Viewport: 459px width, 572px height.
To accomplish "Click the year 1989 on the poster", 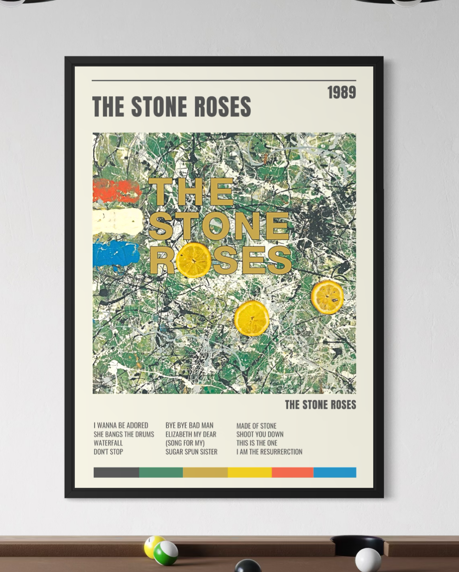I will point(341,92).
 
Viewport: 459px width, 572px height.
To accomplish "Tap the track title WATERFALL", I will point(108,443).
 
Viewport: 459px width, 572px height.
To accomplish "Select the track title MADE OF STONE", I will point(256,426).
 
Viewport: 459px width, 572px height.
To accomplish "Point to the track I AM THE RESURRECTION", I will point(269,452).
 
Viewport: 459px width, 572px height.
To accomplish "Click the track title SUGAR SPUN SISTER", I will point(191,452).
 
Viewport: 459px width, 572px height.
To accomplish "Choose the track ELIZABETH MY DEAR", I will point(191,434).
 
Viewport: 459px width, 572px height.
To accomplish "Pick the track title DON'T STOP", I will point(108,452).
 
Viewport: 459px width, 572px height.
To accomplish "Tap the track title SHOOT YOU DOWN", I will point(259,434).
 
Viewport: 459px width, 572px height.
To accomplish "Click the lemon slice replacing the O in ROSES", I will point(193,260).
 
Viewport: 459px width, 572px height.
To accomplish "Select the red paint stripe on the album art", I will point(117,191).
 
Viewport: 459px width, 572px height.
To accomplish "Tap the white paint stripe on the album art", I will point(118,222).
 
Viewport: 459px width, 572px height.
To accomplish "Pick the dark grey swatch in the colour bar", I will point(116,472).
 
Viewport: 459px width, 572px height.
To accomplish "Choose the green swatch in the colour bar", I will point(161,472).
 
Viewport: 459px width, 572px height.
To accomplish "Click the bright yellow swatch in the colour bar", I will point(250,472).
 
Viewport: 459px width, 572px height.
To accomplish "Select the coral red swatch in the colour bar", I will point(292,472).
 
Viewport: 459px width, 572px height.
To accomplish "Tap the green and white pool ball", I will point(166,553).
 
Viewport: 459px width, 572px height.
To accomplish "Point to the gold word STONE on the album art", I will point(218,226).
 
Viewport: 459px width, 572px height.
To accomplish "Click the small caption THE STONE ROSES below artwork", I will point(320,405).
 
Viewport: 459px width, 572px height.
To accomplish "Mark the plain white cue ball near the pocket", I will point(368,560).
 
